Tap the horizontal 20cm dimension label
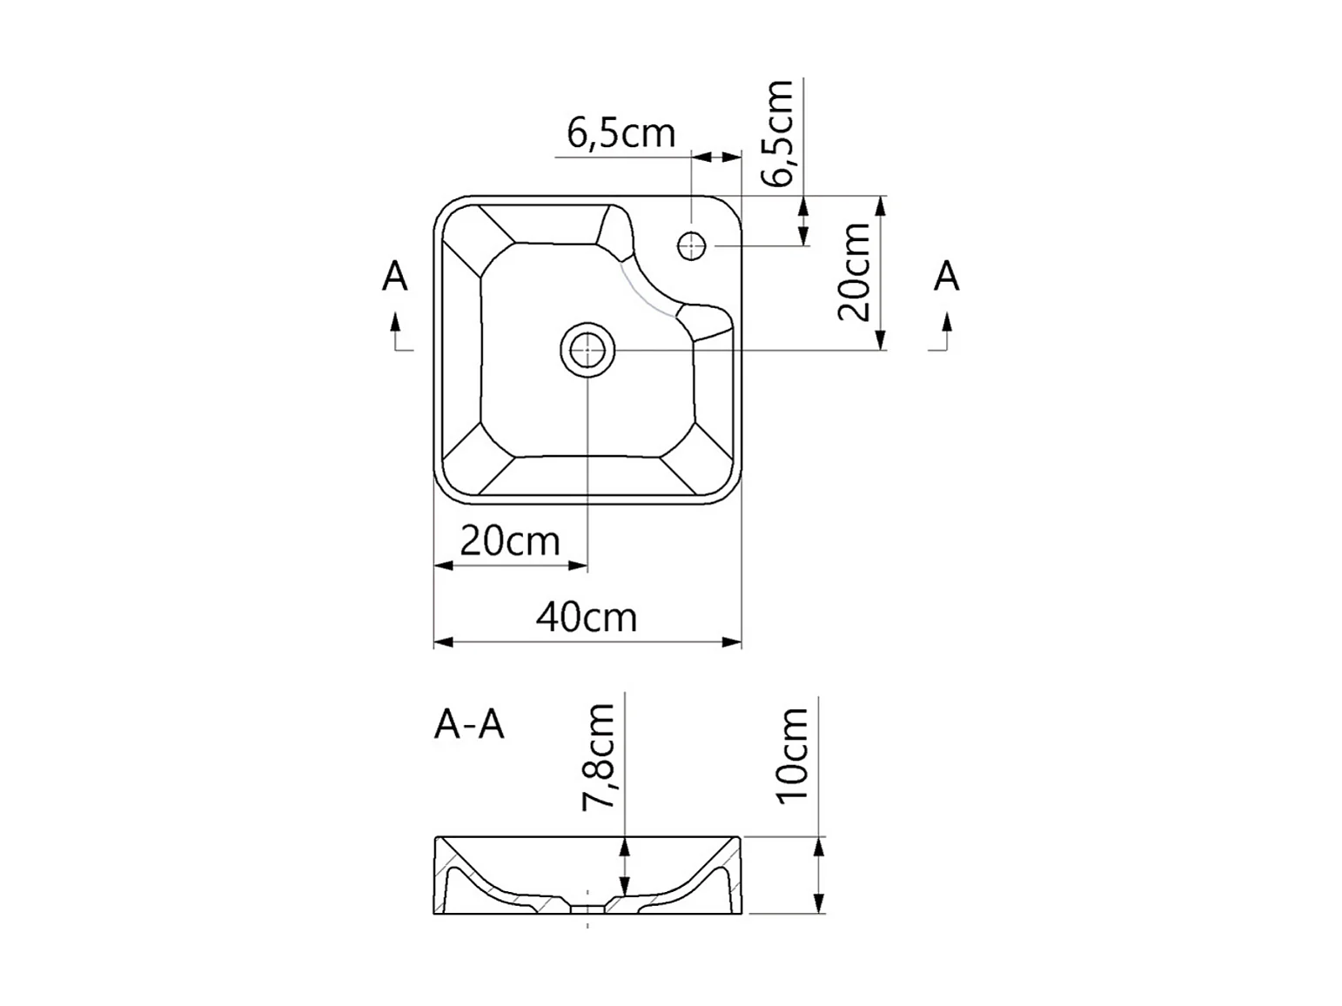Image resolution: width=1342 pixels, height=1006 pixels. point(510,541)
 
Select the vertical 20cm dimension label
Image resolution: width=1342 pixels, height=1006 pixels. point(854,272)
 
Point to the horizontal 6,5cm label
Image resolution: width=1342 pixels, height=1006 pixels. point(621,133)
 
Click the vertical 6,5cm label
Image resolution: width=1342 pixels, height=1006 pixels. point(776,132)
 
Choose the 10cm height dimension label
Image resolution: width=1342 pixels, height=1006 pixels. point(792,755)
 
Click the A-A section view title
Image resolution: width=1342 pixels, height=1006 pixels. point(469,726)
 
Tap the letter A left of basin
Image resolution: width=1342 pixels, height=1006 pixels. point(394,276)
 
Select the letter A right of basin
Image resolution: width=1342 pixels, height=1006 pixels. point(946,276)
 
